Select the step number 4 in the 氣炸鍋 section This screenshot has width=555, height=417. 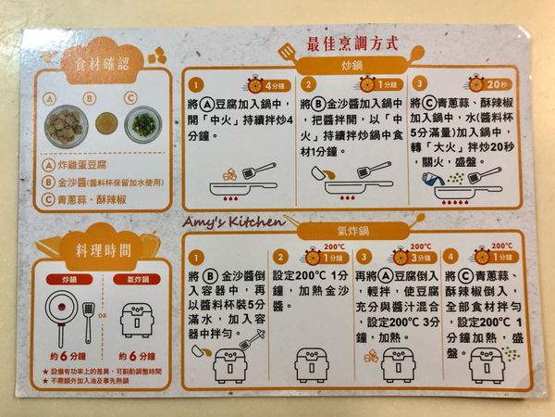tap(450, 257)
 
